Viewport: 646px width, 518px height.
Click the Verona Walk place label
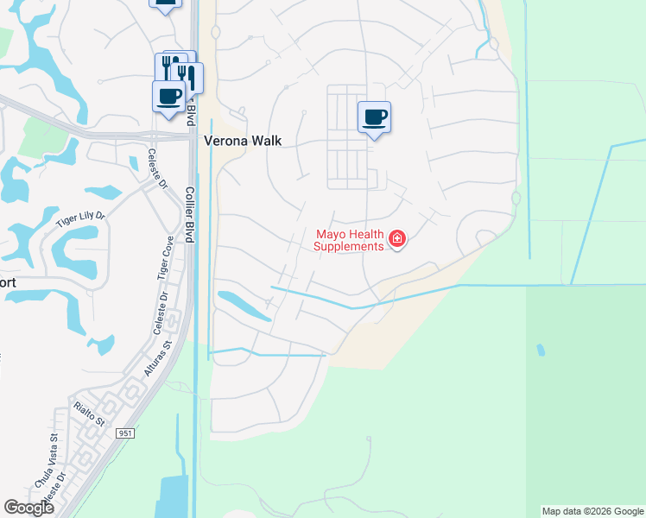(x=243, y=140)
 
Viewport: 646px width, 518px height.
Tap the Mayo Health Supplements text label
(x=349, y=240)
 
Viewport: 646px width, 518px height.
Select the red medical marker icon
(x=397, y=239)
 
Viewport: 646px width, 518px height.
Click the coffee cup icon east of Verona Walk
(x=374, y=117)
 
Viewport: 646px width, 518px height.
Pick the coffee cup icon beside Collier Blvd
(x=168, y=95)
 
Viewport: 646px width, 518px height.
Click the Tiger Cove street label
(x=164, y=257)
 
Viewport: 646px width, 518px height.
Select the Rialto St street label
(x=88, y=414)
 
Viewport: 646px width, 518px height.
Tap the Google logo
(x=28, y=508)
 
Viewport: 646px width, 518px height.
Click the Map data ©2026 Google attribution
(x=592, y=511)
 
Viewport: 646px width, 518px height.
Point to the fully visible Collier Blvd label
(x=189, y=212)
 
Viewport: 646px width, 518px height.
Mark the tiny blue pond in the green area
(x=541, y=351)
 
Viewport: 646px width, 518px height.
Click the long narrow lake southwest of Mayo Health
(x=244, y=306)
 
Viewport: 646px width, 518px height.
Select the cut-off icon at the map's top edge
(x=165, y=3)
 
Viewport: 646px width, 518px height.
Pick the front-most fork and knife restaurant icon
(x=187, y=77)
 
